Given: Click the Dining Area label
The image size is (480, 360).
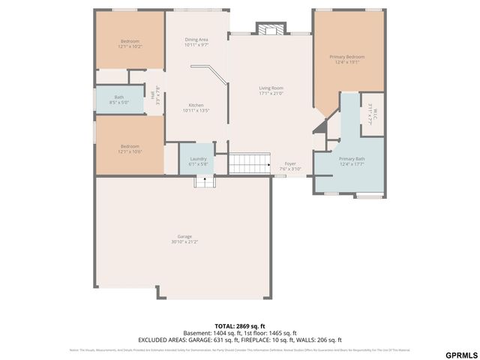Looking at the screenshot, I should coord(196,39).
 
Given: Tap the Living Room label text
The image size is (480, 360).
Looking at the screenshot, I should coord(271,88).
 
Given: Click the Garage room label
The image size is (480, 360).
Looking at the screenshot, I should coord(184,236).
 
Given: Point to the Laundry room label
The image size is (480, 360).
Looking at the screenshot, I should coord(198,158).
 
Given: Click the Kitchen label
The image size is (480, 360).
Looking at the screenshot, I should coord(196,105).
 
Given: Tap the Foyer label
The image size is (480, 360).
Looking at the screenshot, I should coord(290,163).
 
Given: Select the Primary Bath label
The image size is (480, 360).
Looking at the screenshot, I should coord(351,158).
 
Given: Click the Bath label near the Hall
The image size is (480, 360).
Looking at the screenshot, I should coord(119,97).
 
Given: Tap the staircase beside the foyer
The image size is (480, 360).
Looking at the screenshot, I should coord(249,162).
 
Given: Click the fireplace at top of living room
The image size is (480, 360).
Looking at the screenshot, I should coord(269,29).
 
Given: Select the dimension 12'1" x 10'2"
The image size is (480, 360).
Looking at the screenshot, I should coord(130,46).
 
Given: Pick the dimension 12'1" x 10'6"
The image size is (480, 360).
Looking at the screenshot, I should coord(130,151).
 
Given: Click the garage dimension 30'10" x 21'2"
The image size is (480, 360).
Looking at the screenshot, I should coord(184,242).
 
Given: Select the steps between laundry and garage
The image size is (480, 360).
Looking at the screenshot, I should coord(205,181).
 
